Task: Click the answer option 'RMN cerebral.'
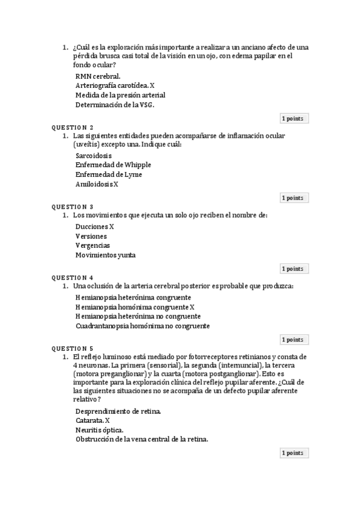click(x=97, y=76)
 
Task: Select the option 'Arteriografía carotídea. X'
click(x=115, y=85)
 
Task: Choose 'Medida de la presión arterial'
click(x=120, y=95)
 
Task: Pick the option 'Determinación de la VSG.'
click(x=114, y=105)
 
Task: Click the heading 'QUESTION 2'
click(x=72, y=127)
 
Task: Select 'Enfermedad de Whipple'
click(x=113, y=165)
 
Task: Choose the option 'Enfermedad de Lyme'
click(x=108, y=174)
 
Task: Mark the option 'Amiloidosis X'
click(x=97, y=184)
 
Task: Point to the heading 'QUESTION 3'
click(x=72, y=207)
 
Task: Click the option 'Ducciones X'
click(x=94, y=226)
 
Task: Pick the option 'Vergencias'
click(x=93, y=245)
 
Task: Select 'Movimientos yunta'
click(x=105, y=255)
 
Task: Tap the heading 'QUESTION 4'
click(x=72, y=278)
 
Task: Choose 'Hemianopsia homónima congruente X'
click(x=135, y=307)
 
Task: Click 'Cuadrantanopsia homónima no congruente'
click(x=142, y=326)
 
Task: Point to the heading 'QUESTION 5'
click(x=72, y=349)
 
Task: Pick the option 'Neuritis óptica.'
click(x=100, y=430)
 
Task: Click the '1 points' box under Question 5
click(x=293, y=453)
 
